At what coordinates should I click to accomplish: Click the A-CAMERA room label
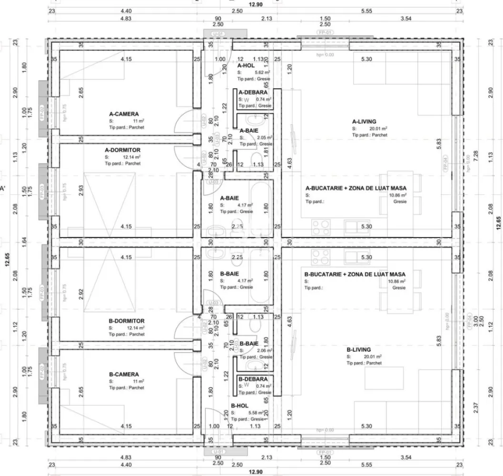124,114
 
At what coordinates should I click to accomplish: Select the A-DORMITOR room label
122,150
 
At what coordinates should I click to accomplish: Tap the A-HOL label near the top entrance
247,65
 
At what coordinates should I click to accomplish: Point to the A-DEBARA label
253,92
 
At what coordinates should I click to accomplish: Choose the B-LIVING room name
358,349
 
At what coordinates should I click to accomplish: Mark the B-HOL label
240,406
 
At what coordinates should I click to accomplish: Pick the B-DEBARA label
253,379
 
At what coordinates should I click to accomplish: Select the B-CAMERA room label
124,375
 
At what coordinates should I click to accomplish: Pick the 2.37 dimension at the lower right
476,408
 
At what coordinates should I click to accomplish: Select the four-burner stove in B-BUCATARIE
321,257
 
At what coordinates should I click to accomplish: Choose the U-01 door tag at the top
218,34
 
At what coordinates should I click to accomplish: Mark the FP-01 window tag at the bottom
325,451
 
